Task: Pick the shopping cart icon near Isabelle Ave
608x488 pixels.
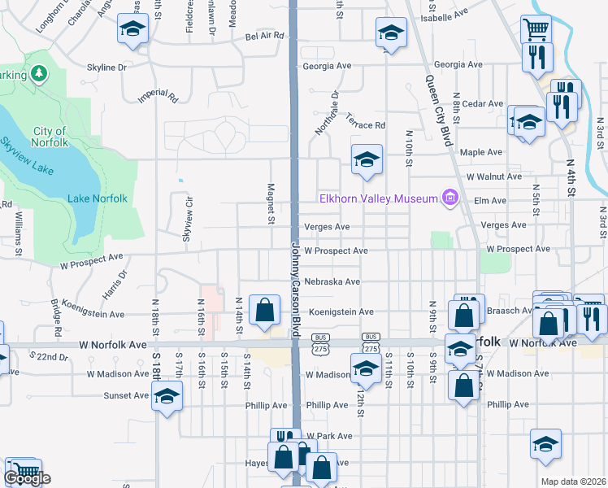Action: point(536,30)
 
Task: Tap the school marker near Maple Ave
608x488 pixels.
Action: point(367,159)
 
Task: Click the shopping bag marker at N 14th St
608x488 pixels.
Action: point(264,310)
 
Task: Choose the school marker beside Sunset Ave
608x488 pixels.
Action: point(167,395)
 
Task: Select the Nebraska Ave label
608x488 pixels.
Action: point(332,282)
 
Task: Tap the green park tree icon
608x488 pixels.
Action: point(38,75)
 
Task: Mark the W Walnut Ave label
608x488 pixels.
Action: point(493,176)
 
